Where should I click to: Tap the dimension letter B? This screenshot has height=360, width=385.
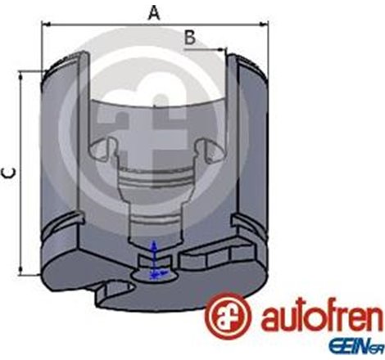click(x=188, y=37)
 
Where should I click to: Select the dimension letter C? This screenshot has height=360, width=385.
click(x=7, y=173)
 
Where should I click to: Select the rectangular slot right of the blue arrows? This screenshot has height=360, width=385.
click(x=202, y=260)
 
